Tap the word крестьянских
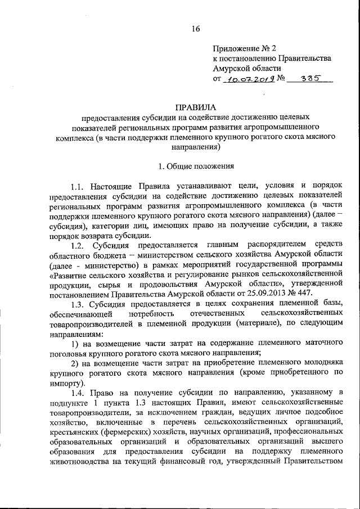pyautogui.click(x=73, y=432)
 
